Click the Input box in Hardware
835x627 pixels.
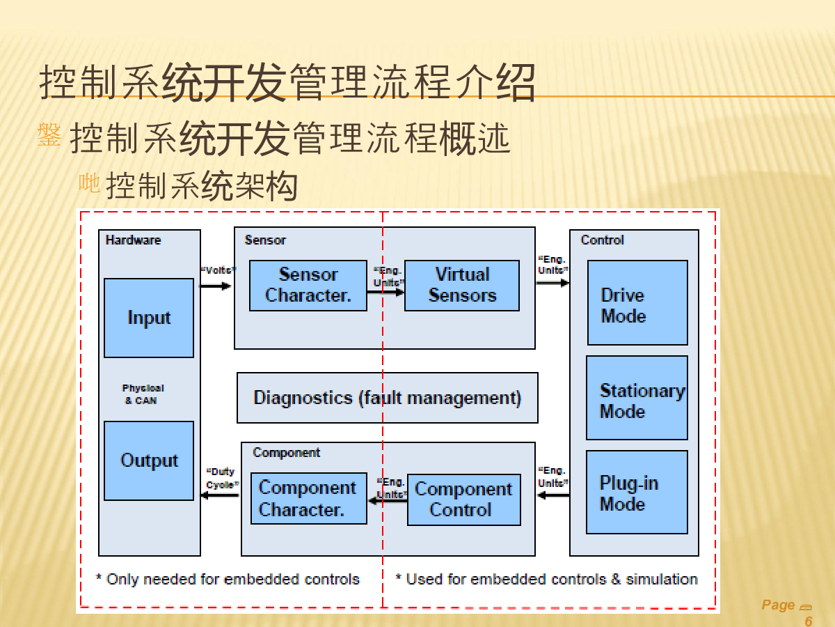149,318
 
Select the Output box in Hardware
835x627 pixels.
149,460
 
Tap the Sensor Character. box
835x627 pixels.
308,285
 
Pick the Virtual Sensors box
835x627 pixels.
462,285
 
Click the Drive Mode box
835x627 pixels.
637,302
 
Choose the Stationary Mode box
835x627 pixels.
637,398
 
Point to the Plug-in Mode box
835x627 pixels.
637,492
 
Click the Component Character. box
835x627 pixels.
308,499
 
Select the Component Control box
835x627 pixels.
463,500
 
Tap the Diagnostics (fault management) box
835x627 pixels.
387,398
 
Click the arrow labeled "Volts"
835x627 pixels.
216,286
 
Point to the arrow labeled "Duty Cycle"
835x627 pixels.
220,495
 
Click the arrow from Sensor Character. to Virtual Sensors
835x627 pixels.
385,292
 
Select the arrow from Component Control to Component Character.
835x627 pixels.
388,500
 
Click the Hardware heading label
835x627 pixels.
133,240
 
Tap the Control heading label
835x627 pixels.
602,240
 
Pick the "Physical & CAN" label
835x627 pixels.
143,394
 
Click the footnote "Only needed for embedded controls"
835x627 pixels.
228,579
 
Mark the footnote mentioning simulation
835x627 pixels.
546,579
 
